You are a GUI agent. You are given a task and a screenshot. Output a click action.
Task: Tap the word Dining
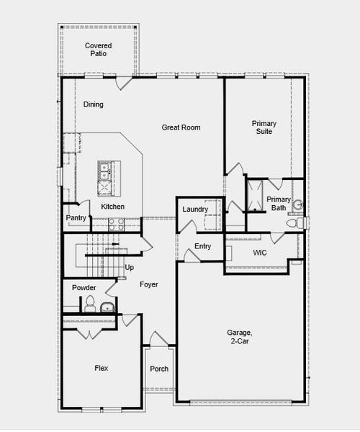pyautogui.click(x=94, y=104)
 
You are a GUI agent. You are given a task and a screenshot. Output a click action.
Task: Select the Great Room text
pyautogui.click(x=181, y=127)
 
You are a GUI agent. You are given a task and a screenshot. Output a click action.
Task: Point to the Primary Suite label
pyautogui.click(x=264, y=127)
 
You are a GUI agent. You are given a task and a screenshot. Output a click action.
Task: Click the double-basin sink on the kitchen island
pyautogui.click(x=104, y=171)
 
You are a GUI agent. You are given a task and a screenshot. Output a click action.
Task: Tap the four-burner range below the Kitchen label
pyautogui.click(x=115, y=224)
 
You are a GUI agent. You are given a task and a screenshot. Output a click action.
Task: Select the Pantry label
pyautogui.click(x=76, y=218)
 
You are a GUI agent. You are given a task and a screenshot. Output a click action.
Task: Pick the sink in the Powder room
pyautogui.click(x=107, y=308)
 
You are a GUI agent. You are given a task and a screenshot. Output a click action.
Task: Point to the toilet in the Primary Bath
pyautogui.click(x=292, y=225)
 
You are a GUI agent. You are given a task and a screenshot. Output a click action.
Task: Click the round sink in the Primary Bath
pyautogui.click(x=298, y=205)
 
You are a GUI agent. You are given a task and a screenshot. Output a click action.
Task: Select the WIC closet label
pyautogui.click(x=261, y=253)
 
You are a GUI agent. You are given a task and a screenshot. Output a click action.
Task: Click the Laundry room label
pyautogui.click(x=195, y=210)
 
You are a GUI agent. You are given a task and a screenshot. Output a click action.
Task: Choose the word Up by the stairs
pyautogui.click(x=130, y=268)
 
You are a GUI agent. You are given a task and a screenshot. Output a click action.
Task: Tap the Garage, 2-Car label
pyautogui.click(x=240, y=337)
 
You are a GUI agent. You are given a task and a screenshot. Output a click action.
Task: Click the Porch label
pyautogui.click(x=159, y=369)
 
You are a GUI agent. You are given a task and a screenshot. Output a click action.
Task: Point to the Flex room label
pyautogui.click(x=102, y=368)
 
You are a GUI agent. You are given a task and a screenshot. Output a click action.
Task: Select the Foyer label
pyautogui.click(x=148, y=284)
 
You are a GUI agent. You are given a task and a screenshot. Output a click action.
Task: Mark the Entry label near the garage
pyautogui.click(x=203, y=247)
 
